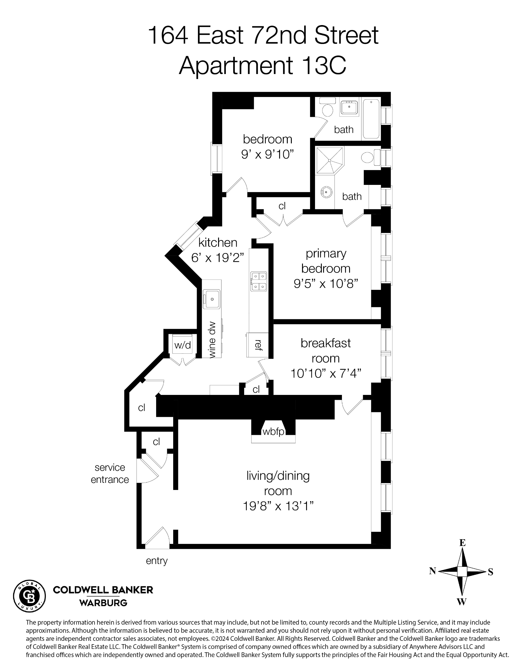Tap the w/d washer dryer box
coord(182,345)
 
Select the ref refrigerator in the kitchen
coord(257,345)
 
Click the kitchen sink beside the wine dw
coord(212,299)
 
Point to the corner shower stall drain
coord(330,160)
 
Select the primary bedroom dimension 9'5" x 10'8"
coord(326,283)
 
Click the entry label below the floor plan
coord(157,561)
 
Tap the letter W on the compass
coord(462,602)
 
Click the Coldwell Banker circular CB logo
coord(29,596)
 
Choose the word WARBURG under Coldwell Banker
coord(103,603)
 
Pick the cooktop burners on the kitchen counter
coord(259,281)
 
